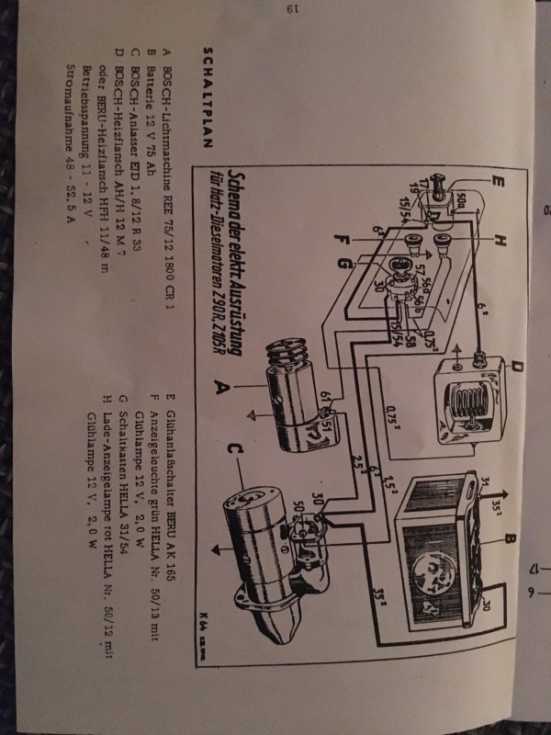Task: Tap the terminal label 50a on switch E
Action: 458,199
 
